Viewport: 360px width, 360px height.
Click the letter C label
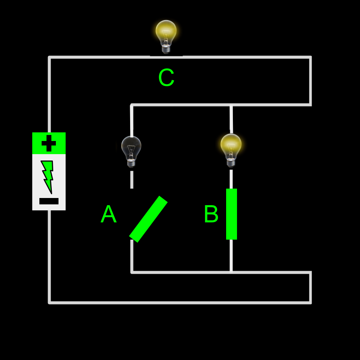(166, 78)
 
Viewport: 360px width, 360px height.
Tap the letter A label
(108, 214)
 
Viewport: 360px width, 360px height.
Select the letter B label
(211, 214)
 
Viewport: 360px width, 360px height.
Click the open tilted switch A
(148, 219)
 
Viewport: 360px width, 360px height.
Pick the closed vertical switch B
(231, 214)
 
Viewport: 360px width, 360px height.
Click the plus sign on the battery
(49, 143)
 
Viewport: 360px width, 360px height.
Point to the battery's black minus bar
(49, 201)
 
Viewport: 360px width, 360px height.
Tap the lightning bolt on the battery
(48, 176)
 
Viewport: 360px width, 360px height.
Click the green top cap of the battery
(49, 143)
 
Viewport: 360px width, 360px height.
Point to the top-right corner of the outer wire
(310, 57)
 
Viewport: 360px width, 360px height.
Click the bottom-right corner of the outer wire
(310, 302)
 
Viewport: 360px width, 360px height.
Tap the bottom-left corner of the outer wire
(49, 302)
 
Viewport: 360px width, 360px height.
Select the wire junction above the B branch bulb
(231, 105)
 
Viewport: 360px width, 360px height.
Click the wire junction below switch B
(231, 272)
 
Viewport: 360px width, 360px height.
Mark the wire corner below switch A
(132, 272)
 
